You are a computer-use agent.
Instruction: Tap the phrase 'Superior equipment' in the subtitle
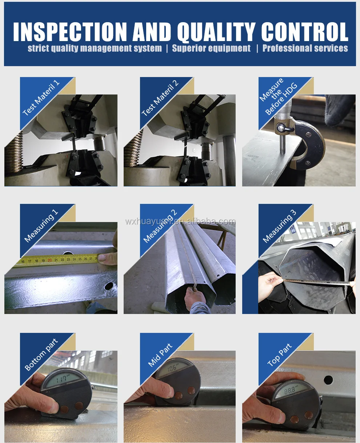coord(211,48)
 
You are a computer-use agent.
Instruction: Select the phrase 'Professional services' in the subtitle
coord(305,48)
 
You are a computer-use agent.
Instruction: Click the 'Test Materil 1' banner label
coord(41,98)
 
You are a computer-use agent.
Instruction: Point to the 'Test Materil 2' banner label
coord(160,98)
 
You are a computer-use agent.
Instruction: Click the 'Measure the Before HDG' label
coord(278,97)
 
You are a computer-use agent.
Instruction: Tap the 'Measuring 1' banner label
coord(41,226)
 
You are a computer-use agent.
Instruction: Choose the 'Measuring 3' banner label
coord(279,226)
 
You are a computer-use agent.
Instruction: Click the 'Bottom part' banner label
coord(41,354)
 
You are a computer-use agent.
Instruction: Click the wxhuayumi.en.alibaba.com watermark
coord(180,221)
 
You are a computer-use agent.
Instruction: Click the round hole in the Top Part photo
coord(328,380)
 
